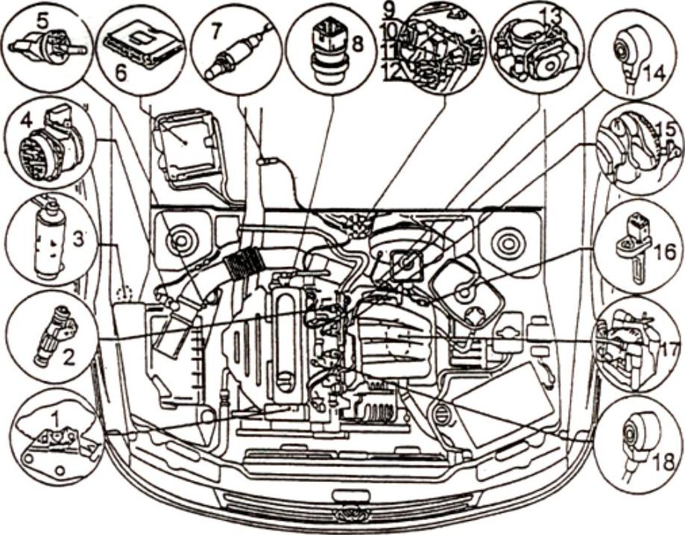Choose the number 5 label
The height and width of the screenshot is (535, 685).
[x=43, y=22]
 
